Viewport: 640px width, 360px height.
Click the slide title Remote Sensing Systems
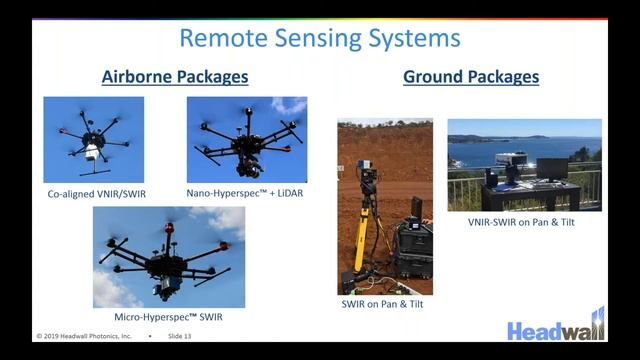(320, 39)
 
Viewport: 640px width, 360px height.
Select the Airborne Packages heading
(175, 77)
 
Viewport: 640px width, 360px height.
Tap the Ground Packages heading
(471, 77)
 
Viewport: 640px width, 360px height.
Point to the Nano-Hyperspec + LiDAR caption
(246, 192)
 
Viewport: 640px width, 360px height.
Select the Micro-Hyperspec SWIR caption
(169, 317)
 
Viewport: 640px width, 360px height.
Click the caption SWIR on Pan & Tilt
(383, 304)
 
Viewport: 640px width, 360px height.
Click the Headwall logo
(556, 327)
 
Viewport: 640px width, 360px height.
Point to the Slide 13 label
(180, 336)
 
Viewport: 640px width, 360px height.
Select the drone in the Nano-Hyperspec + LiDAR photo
(245, 140)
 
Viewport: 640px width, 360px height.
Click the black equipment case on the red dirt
(411, 245)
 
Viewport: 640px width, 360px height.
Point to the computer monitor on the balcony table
(551, 168)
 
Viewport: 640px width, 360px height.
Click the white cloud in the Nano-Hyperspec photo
(290, 105)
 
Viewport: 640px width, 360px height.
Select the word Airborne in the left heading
(135, 77)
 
